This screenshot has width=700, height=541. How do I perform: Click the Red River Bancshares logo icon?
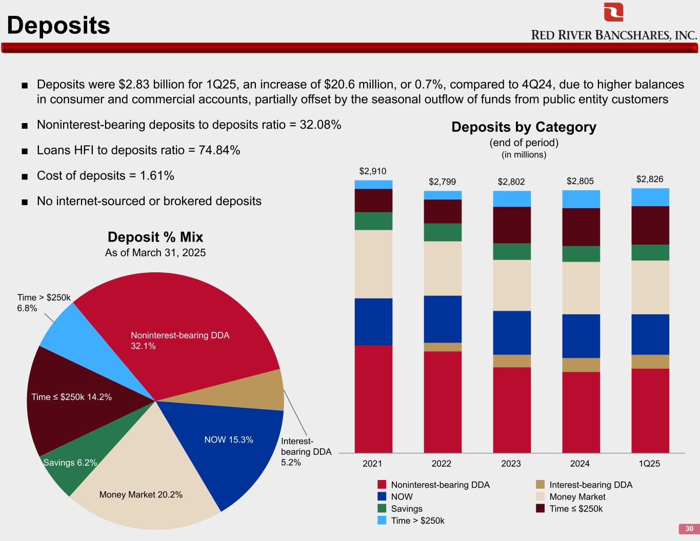coord(613,12)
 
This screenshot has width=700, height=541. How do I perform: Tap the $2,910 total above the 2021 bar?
coord(373,171)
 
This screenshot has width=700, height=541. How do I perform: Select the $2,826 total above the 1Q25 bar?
coord(650,179)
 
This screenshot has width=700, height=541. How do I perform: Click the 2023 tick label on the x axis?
coord(511,464)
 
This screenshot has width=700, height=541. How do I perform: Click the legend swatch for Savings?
coord(382,508)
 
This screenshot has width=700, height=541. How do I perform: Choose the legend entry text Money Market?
coord(577,496)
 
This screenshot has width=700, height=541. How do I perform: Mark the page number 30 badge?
coord(689,529)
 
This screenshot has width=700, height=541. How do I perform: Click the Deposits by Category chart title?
coord(524,127)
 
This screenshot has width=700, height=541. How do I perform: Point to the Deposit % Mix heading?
coord(155,237)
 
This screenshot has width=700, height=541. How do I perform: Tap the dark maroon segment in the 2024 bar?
coord(581,227)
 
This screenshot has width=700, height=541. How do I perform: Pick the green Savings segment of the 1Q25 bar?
coord(650,252)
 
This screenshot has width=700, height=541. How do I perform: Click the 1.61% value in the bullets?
coord(156,175)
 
